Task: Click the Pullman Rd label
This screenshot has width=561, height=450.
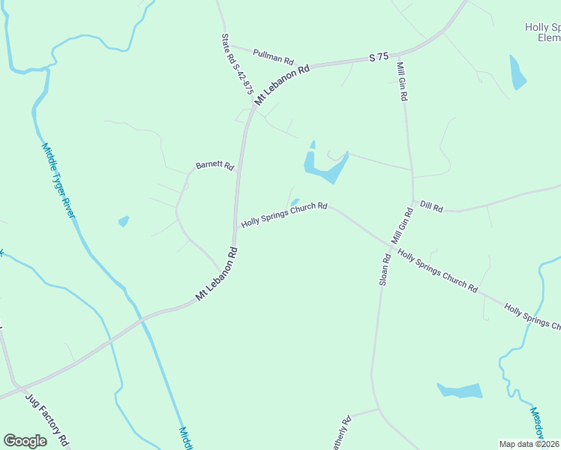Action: coord(273,56)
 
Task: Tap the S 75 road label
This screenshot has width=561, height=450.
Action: coord(379,57)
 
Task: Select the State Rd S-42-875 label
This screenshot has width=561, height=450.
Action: coord(236,63)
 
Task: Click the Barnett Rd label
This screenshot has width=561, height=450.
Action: coord(214,165)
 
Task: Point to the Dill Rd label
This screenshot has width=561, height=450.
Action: coord(431,205)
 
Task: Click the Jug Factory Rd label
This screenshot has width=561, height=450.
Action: coord(47,419)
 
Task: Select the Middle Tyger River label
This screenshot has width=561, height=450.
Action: coord(58,180)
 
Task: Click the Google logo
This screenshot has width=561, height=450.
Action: coord(25,441)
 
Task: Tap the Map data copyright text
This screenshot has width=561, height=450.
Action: coord(529,444)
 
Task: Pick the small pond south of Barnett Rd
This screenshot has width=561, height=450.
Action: coord(124,221)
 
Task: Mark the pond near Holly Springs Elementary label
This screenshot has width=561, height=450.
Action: coord(517,73)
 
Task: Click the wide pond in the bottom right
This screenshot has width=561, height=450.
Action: coord(460,391)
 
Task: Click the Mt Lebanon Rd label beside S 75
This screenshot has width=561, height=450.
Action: coord(282,84)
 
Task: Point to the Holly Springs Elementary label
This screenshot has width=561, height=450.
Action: coord(542,31)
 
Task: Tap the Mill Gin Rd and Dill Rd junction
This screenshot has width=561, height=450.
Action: coord(412,201)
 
